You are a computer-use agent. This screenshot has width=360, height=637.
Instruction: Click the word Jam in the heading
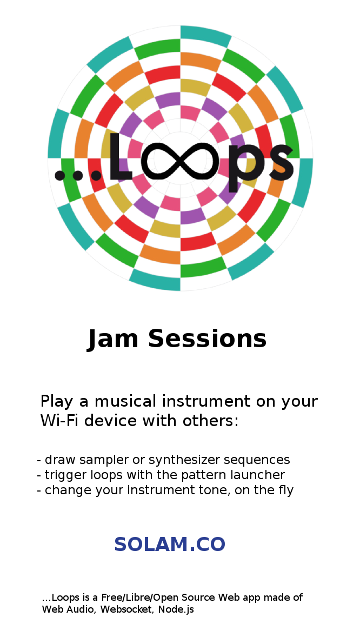113,339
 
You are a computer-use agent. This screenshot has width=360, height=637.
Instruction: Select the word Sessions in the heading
207,339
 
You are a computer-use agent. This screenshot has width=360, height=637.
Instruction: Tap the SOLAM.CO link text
170,545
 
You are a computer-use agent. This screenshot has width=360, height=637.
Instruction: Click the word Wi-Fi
58,421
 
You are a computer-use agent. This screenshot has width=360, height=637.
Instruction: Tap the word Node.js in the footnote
176,610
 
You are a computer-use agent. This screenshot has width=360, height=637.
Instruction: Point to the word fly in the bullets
285,490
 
